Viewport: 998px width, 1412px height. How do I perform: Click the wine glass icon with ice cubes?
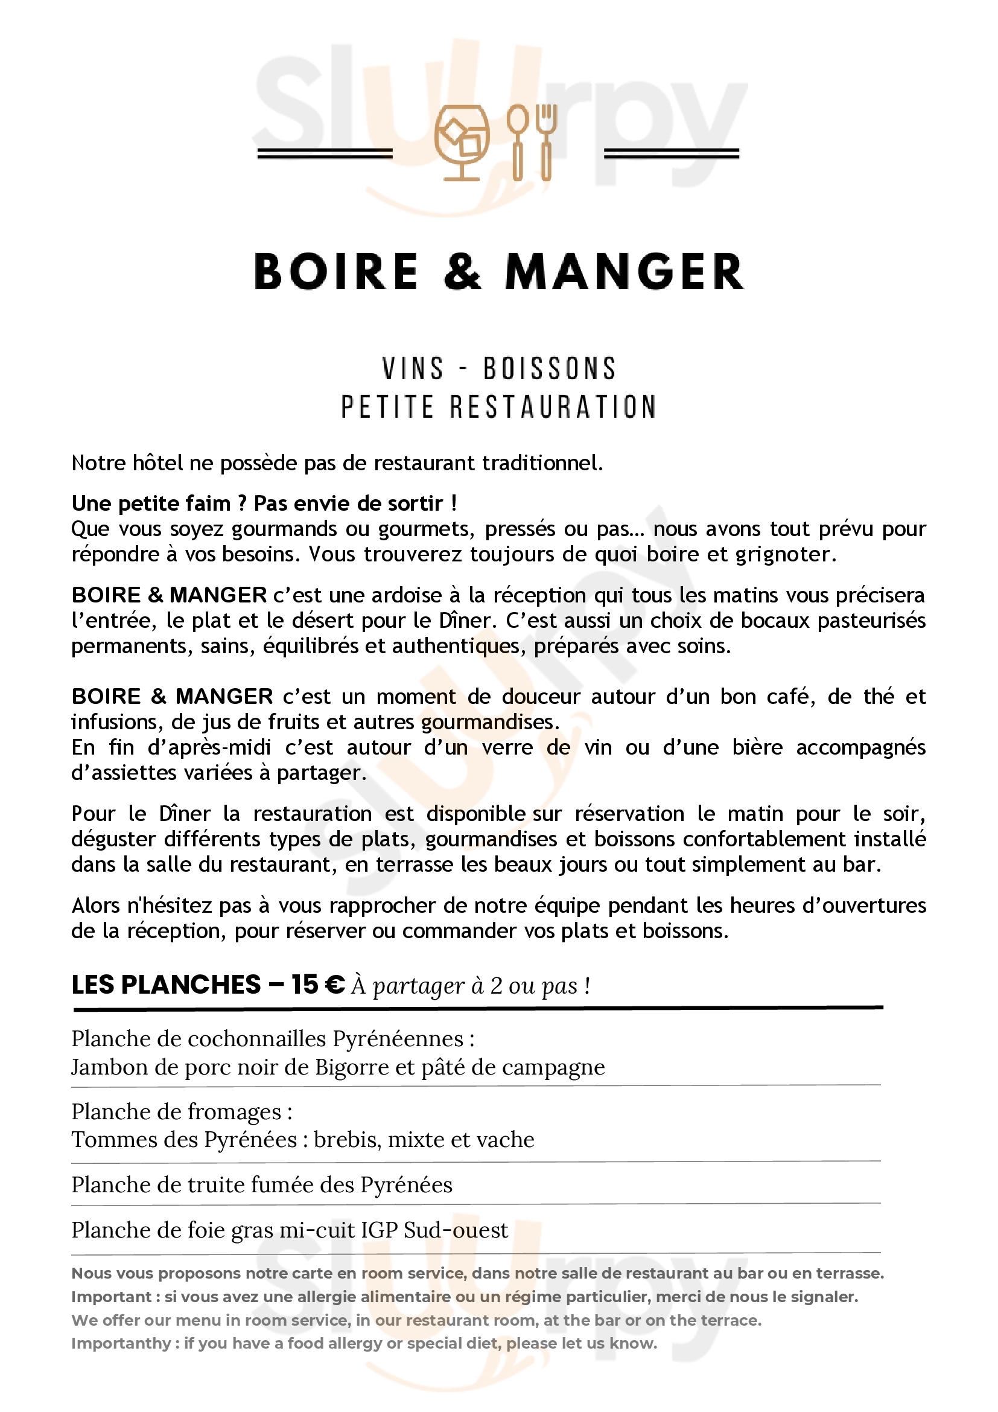462,142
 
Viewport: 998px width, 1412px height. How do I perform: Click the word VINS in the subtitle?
412,369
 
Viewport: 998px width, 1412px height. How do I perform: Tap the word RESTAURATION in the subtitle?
553,407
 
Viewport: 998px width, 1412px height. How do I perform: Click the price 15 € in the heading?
318,985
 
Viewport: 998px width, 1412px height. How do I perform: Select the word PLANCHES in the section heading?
191,985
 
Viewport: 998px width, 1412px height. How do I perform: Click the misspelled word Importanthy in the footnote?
121,1343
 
